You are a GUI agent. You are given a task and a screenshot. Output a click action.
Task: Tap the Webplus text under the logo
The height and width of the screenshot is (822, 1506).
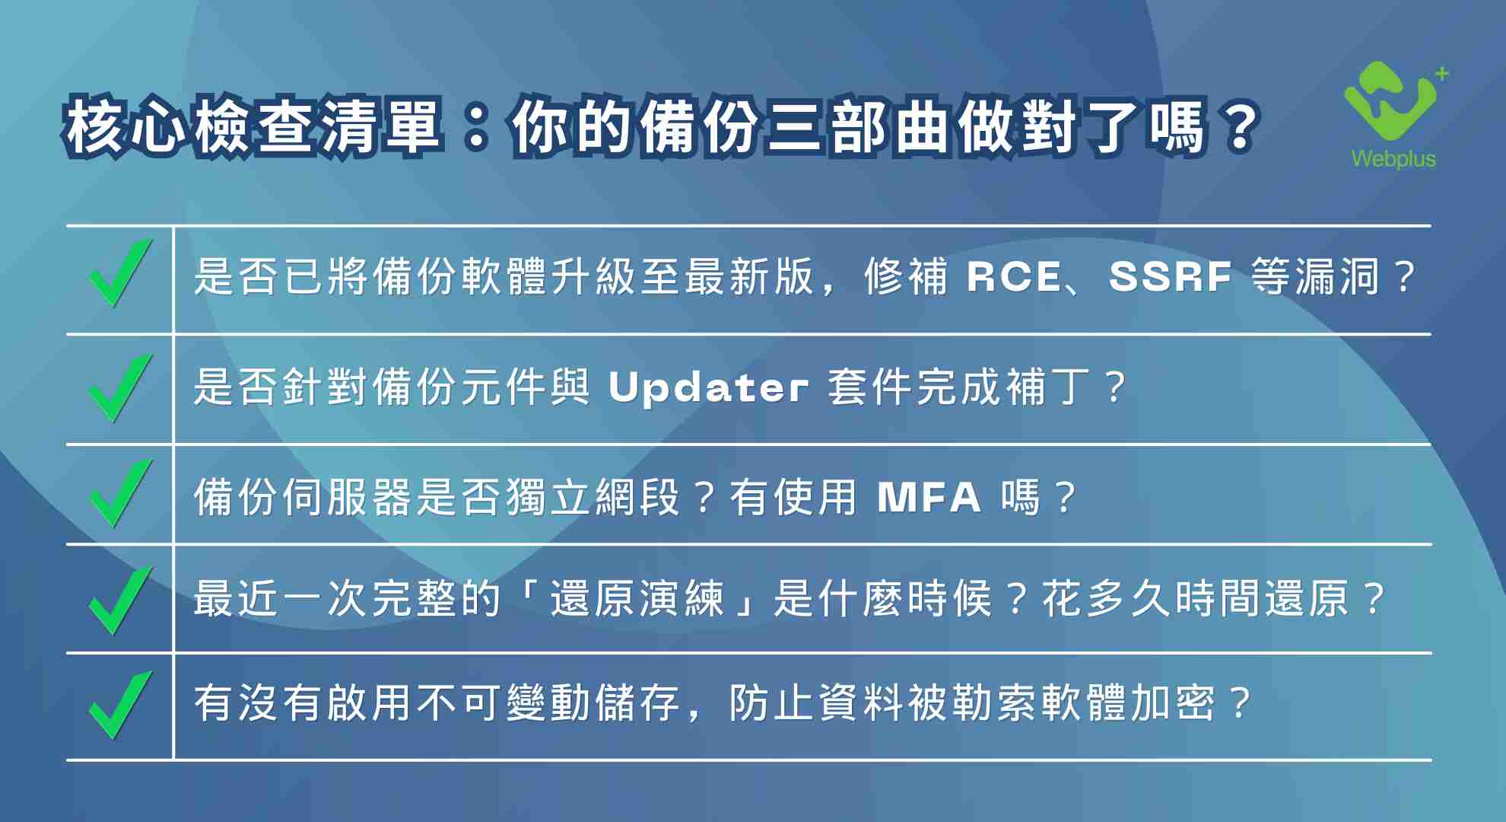point(1393,158)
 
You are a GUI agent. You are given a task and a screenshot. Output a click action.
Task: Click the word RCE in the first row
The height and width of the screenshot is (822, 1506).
point(1014,276)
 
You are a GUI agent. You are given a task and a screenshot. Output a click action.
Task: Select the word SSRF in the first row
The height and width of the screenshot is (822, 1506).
point(1170,276)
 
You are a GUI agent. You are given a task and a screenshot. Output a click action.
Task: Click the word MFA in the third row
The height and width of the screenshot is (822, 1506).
point(929,498)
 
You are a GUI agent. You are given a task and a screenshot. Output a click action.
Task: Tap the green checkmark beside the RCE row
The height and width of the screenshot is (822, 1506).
point(120,273)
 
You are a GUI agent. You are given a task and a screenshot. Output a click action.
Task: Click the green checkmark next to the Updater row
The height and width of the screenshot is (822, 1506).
point(120,387)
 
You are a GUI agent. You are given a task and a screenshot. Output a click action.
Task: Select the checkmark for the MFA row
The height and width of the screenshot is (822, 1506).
point(120,493)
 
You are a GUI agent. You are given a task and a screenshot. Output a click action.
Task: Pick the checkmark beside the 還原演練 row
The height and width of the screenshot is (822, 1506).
point(120,600)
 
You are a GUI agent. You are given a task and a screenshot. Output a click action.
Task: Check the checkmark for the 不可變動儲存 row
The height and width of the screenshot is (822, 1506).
point(120,705)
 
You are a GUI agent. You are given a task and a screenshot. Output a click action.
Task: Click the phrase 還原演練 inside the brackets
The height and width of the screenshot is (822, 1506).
point(637,598)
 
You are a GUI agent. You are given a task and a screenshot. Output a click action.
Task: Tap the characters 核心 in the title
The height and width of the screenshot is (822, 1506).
point(125,126)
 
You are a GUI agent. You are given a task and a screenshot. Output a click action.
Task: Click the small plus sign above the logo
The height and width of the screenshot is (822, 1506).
point(1442,74)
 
